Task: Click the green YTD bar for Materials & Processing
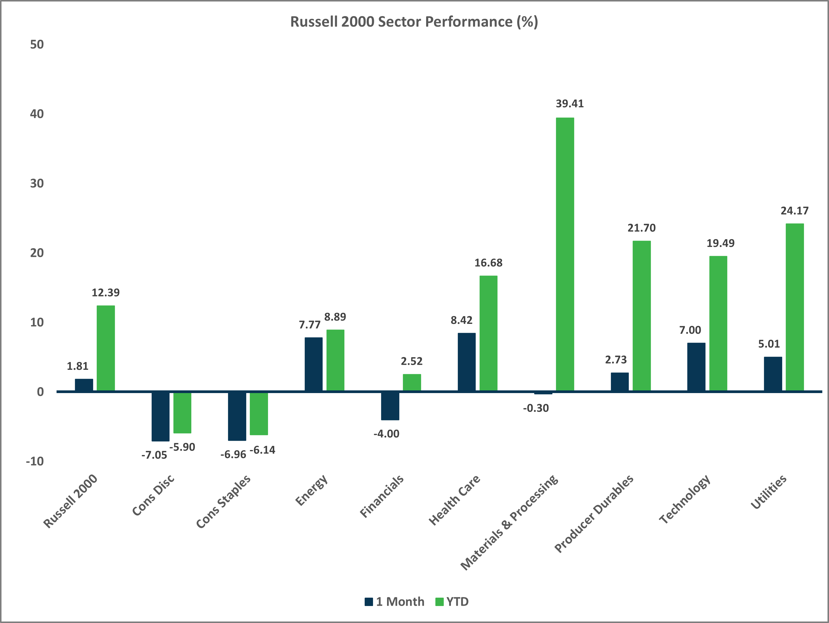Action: (565, 255)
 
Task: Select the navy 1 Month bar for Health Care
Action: (467, 362)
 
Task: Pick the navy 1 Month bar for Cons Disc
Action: (161, 416)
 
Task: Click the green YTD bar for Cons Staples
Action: (259, 414)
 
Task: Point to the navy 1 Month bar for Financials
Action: (390, 406)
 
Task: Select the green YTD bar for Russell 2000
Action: (106, 348)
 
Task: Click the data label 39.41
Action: (569, 104)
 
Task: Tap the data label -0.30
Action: (536, 408)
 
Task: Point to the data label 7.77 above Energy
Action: (309, 325)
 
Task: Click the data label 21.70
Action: (641, 228)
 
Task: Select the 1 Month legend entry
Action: (395, 602)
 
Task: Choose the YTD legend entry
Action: (452, 602)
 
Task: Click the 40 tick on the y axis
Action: (37, 114)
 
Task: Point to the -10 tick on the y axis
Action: (35, 461)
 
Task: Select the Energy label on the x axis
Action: (312, 490)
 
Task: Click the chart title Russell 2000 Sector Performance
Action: (414, 22)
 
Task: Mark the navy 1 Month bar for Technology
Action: (696, 367)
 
